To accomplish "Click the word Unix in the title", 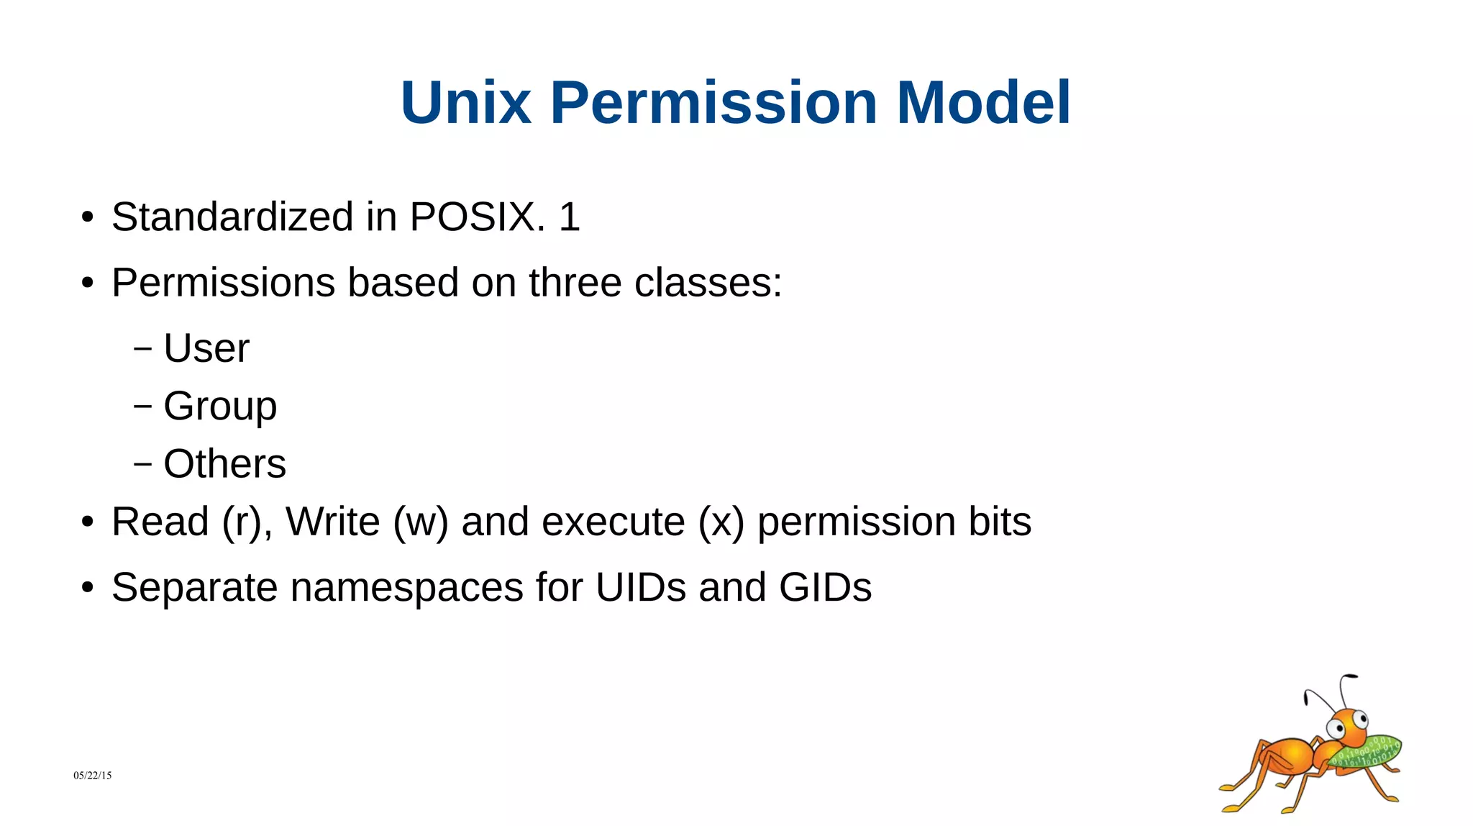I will (x=465, y=103).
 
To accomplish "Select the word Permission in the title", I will (x=713, y=103).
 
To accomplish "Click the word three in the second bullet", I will (x=575, y=282).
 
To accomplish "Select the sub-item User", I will (x=206, y=348).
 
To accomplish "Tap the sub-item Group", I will (x=220, y=407).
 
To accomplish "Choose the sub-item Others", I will (x=224, y=463).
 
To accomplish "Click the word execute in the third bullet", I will (x=613, y=522).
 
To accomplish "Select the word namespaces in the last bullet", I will (x=406, y=587).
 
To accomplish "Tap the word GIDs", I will (x=825, y=587).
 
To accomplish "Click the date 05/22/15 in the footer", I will (x=92, y=775).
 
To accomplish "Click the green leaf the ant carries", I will (x=1367, y=751).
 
